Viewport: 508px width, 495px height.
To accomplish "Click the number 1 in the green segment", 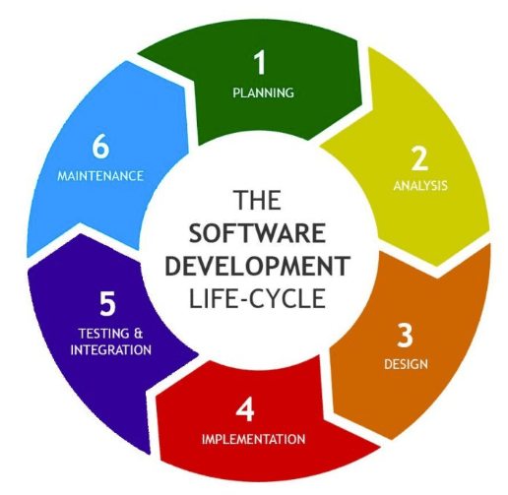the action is point(260,62).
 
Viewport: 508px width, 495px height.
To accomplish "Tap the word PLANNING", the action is point(263,93).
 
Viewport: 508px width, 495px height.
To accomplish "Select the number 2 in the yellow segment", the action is point(419,158).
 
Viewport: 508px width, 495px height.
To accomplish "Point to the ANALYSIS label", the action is point(420,186).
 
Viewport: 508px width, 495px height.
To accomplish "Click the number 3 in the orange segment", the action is point(405,335).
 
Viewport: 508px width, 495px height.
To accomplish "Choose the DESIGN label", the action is point(406,364).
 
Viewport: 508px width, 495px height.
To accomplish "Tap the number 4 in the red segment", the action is point(245,409).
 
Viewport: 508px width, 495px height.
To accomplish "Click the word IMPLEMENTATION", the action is point(253,439).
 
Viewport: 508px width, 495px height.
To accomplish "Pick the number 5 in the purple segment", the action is point(107,304).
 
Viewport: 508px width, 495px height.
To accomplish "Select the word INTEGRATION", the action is point(111,350).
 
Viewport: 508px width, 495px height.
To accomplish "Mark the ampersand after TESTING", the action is point(139,334).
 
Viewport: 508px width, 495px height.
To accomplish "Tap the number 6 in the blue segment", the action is point(100,147).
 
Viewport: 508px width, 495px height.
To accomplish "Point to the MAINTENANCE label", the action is point(100,176).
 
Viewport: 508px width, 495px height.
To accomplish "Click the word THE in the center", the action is point(257,200).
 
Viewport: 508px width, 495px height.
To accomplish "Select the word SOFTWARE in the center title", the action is point(257,232).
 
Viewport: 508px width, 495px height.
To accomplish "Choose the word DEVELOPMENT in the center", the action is point(257,266).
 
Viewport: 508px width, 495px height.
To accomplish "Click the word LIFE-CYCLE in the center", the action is point(257,298).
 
